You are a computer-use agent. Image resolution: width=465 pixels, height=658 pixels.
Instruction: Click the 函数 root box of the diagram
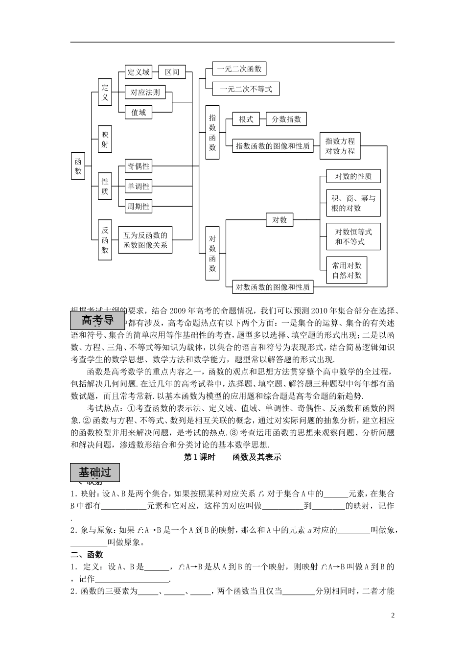78,165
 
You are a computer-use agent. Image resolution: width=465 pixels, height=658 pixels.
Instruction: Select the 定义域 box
139,72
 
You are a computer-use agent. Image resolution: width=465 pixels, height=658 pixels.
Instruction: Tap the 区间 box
172,72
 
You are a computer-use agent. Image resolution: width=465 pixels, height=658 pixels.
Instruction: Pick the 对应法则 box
145,92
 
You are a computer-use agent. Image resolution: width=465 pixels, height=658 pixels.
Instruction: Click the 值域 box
139,112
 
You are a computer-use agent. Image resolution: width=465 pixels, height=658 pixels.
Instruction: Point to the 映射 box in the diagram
105,140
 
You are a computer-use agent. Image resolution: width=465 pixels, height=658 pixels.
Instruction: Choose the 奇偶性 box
139,166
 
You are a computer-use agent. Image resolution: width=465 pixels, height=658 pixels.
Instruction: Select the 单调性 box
139,187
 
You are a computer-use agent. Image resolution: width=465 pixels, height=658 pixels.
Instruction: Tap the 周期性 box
139,207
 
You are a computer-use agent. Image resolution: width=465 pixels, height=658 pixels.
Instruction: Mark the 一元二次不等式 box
246,89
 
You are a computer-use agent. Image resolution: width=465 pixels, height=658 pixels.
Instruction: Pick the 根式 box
246,119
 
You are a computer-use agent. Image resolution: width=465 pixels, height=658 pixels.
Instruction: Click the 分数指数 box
286,119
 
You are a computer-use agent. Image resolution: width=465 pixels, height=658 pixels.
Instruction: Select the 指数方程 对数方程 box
340,146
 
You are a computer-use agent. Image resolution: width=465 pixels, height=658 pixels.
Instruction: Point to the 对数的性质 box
353,176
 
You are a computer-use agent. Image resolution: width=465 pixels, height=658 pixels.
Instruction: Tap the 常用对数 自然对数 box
347,270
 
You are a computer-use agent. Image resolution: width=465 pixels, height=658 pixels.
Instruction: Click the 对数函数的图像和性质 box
272,287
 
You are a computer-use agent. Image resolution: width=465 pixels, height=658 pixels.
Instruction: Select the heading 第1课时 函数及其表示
232,457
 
